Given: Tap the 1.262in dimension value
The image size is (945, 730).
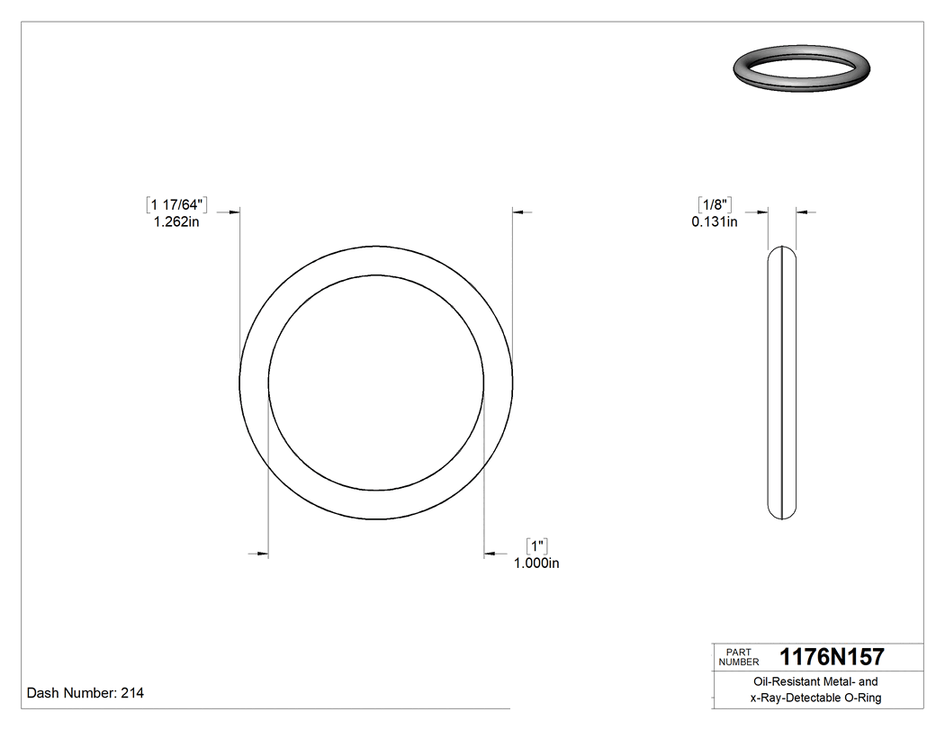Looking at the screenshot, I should coord(176,221).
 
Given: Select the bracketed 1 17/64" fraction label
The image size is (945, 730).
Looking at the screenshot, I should coord(176,204).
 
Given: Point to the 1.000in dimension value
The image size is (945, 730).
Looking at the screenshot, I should coord(536,563).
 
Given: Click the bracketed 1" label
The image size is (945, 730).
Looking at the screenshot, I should coord(537,545).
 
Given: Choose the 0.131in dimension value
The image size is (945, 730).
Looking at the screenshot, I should coord(715,221).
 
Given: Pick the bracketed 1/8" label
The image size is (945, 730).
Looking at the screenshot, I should coord(715,204).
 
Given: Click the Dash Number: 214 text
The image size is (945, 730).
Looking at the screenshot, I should coord(85,693).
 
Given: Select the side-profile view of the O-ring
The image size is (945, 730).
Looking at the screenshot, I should coord(782,383).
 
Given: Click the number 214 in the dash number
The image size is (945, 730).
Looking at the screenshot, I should coord(132,693).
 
